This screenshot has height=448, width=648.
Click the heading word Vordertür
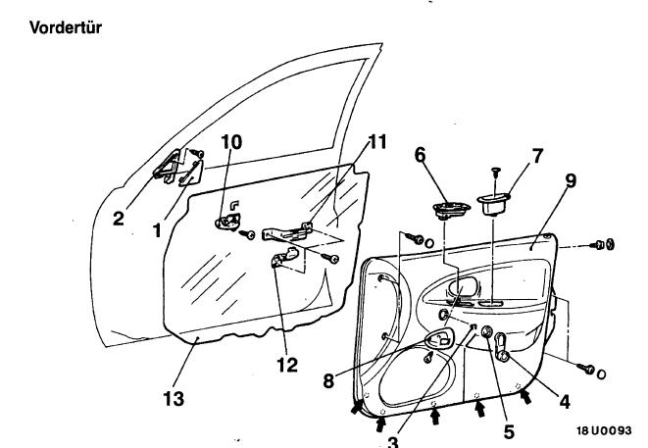(66, 27)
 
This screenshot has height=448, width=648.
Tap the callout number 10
(231, 142)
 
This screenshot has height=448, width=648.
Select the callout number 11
(376, 142)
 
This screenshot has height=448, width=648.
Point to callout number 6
(420, 155)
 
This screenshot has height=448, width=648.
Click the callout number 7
(537, 156)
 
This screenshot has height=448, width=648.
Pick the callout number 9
(571, 180)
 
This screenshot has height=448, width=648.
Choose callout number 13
(174, 399)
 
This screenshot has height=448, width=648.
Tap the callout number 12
(287, 365)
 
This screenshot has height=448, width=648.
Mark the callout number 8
(328, 381)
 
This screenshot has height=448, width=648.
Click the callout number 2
(119, 219)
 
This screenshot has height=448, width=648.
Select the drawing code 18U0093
(604, 430)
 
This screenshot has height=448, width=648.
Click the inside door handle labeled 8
(440, 340)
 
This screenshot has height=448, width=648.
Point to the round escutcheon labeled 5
(487, 331)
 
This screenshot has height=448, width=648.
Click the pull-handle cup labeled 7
(494, 204)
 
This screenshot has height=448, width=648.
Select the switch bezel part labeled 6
(451, 210)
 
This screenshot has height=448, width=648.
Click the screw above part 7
(496, 174)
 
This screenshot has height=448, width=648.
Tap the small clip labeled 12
(285, 257)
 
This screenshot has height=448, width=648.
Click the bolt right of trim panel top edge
(604, 245)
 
